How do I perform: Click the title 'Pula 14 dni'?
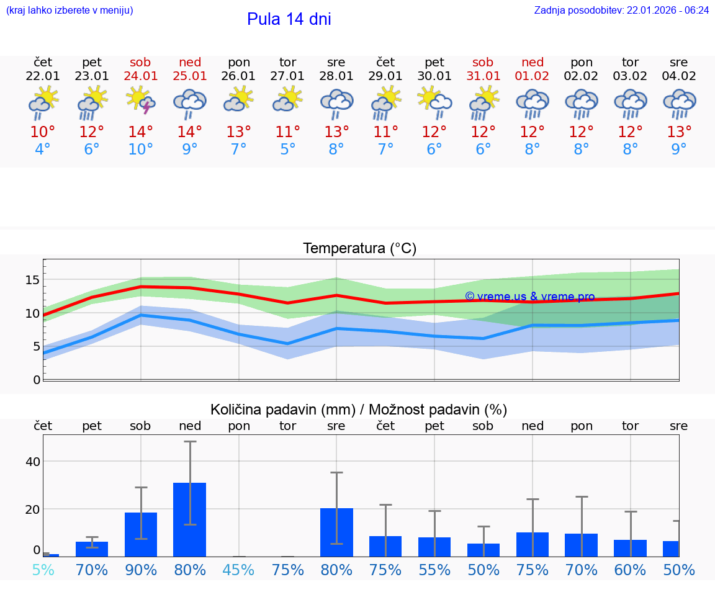[289, 19]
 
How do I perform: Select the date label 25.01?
[190, 76]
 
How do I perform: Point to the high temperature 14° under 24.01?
[140, 132]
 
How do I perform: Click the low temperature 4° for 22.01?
[43, 150]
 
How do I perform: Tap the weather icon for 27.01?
[287, 100]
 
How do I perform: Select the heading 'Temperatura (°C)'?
[359, 249]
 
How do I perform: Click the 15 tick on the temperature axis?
[33, 280]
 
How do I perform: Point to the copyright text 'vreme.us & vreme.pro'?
[530, 297]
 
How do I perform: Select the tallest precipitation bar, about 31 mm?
[189, 519]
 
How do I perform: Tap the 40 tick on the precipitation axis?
[33, 462]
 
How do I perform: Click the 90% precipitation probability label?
[141, 570]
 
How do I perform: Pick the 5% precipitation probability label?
[43, 570]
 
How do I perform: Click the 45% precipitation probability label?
[239, 570]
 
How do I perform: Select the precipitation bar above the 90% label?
[141, 534]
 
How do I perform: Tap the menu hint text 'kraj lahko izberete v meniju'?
[70, 11]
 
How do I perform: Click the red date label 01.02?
[532, 76]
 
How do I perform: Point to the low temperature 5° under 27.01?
[287, 150]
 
